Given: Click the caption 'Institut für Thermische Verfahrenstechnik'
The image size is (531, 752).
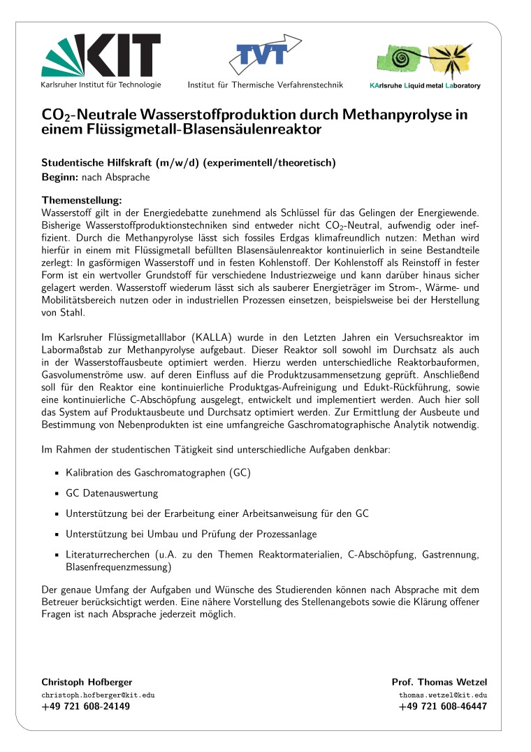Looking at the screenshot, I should coord(265,85).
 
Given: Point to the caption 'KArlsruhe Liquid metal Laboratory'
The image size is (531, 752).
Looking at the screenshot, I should coord(425,86).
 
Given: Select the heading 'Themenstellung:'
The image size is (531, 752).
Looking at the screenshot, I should coord(82,199).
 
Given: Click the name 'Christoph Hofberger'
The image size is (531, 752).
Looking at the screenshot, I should coord(87,682).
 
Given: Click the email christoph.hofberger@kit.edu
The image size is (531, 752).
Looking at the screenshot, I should coord(98,695).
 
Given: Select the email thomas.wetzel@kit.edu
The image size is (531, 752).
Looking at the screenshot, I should coord(443,695).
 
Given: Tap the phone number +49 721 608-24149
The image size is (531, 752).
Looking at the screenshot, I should coord(86,707).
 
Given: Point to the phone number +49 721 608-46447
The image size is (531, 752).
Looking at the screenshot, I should coord(443,707).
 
